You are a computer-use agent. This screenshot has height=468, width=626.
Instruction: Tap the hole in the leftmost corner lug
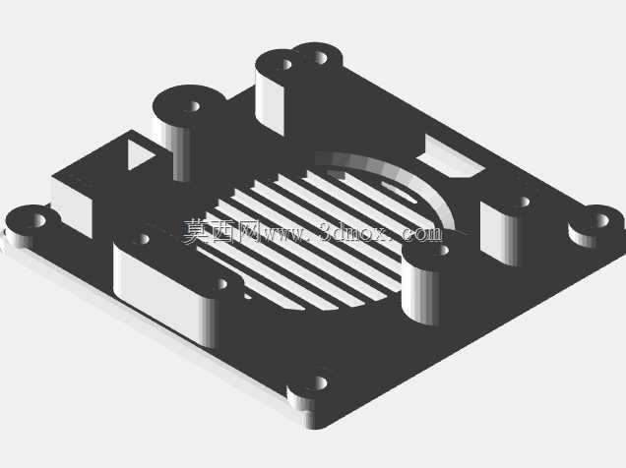tap(39, 219)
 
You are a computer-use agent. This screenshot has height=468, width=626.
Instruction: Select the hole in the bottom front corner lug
tap(320, 383)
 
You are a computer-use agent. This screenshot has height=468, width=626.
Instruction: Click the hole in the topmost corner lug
tap(320, 58)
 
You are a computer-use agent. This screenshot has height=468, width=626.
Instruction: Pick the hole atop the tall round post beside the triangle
tap(194, 106)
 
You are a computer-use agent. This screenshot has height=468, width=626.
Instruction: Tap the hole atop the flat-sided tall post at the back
tap(287, 64)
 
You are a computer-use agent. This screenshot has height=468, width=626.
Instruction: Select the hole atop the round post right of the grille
tap(441, 251)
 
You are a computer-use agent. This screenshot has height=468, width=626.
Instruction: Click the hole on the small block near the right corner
tap(525, 203)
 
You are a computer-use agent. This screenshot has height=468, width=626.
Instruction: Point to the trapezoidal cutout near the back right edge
tap(451, 157)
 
